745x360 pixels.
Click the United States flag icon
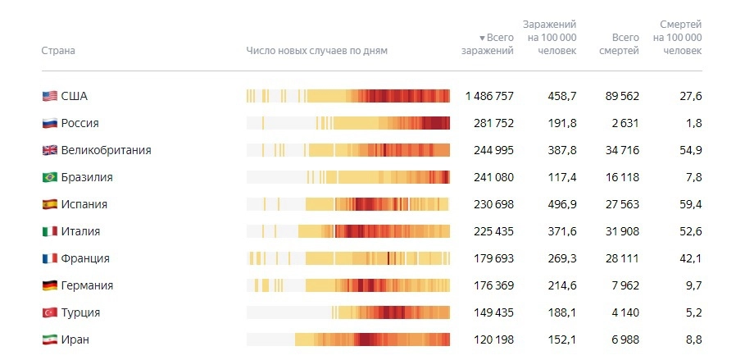49,97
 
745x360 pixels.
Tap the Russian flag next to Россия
49,124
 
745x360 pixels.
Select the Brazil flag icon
49,178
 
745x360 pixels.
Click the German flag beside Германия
49,286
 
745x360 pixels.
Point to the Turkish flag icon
49,313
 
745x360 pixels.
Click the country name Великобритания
106,151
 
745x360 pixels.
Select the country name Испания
84,205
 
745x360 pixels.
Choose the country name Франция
85,259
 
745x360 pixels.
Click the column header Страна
58,51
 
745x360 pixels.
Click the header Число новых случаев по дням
316,51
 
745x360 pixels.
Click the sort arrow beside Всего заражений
483,38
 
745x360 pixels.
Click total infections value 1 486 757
489,97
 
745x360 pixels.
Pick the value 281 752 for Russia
493,124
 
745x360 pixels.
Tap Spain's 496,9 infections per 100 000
562,205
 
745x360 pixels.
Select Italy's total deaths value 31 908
619,232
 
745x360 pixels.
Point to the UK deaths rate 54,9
688,151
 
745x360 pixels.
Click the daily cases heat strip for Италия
348,232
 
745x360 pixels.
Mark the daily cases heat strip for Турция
348,313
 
